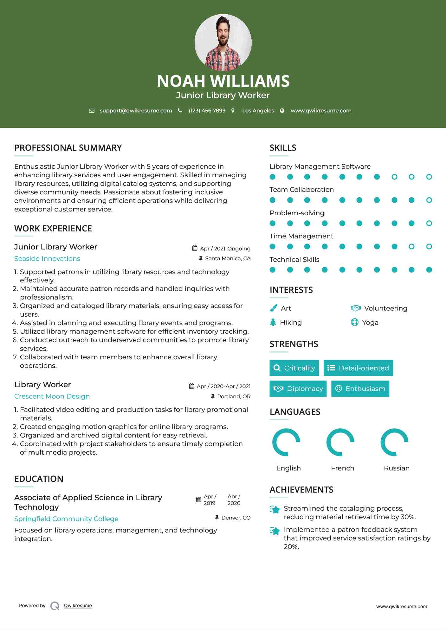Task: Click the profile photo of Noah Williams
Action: (223, 42)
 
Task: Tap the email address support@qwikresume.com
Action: (136, 110)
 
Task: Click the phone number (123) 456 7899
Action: (207, 110)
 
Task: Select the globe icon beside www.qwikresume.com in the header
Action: (282, 110)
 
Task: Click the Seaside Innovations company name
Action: (47, 259)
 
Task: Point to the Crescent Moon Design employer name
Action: (52, 396)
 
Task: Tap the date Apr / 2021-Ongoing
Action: (225, 249)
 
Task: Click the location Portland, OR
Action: (234, 396)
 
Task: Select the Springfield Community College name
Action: (66, 519)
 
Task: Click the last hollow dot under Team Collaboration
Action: (429, 200)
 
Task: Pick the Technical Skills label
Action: (294, 260)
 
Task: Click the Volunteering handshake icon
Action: (356, 308)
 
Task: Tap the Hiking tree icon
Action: (273, 322)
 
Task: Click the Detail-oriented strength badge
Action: (358, 368)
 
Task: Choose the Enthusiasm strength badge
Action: (360, 388)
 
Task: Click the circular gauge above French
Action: (340, 442)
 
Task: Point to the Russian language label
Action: (397, 468)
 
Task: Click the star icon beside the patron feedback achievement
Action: (275, 531)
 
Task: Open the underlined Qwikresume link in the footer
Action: (78, 606)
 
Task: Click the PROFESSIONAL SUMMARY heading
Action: (68, 148)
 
